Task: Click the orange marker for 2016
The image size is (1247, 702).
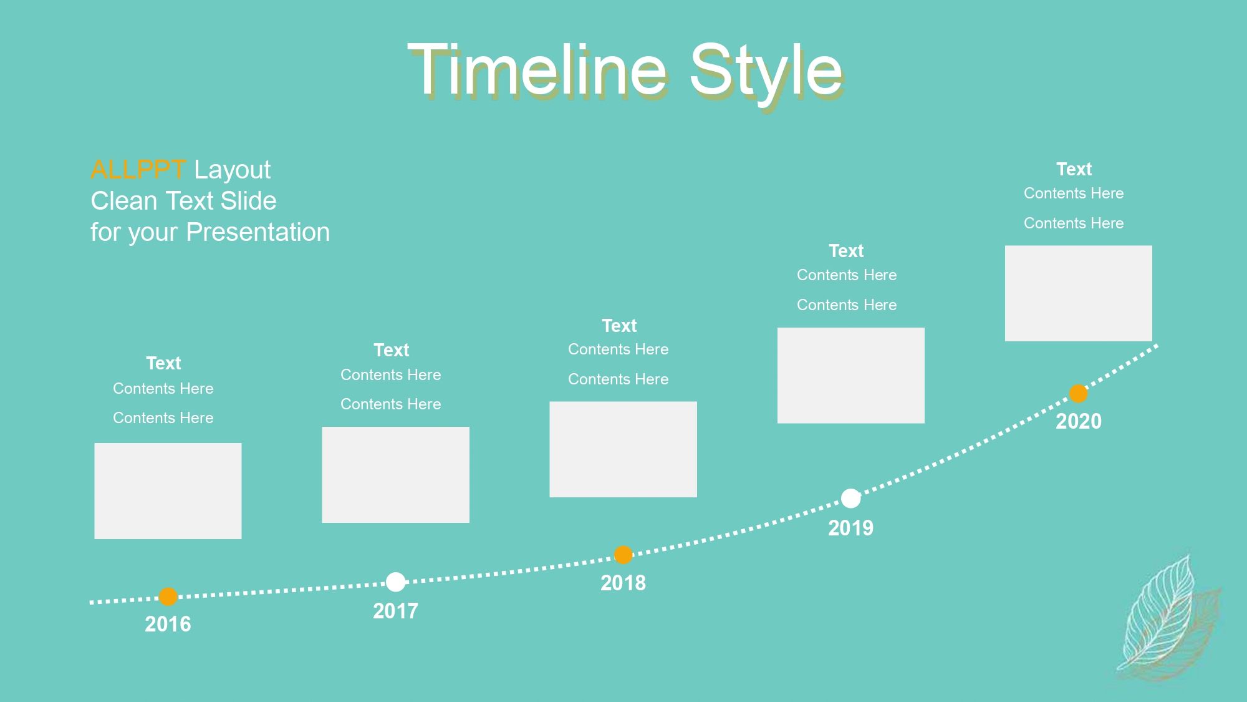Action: point(168,597)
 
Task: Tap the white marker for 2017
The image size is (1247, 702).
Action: point(395,582)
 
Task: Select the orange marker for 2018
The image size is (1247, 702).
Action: point(623,555)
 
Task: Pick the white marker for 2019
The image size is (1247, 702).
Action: point(850,498)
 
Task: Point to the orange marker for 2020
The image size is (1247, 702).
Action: point(1078,394)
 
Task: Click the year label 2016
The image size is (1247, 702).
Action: point(168,624)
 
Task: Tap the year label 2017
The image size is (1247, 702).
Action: point(395,611)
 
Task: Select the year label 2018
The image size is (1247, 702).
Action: point(623,583)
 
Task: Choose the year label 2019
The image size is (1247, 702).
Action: point(850,528)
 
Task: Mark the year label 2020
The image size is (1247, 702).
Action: point(1079,421)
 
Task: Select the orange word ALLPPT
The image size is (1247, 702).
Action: point(138,170)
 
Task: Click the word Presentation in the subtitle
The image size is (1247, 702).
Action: point(258,232)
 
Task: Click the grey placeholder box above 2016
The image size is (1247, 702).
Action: point(168,491)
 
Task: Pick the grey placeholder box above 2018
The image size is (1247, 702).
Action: point(623,449)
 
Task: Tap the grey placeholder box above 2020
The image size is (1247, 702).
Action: point(1079,293)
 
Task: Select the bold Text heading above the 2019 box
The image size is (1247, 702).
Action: point(846,251)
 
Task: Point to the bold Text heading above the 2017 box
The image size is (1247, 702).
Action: point(392,350)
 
